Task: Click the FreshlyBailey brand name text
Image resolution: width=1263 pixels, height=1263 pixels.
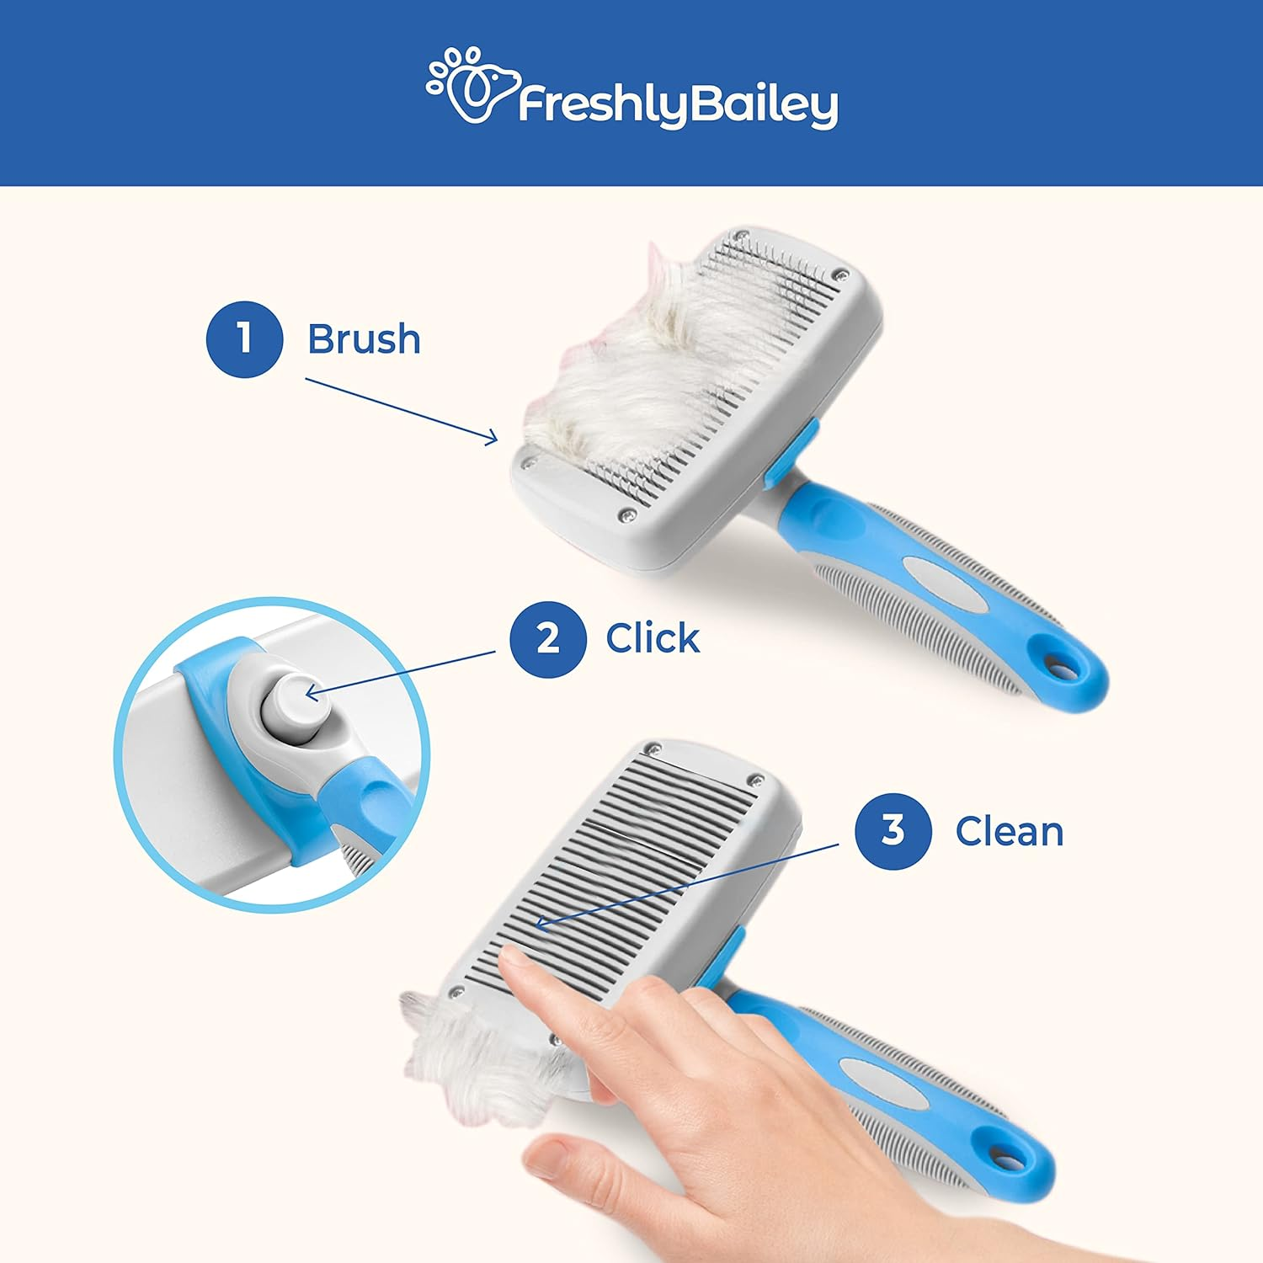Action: (678, 105)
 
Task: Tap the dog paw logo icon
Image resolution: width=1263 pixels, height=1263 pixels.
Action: (469, 85)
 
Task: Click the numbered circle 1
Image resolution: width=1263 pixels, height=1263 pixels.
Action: (244, 339)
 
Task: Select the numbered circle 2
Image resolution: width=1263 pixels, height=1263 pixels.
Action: (547, 638)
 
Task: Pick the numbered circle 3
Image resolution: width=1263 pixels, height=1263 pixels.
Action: (893, 831)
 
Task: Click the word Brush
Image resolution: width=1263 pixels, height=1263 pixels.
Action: (364, 339)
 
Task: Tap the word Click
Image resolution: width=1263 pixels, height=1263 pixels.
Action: (653, 638)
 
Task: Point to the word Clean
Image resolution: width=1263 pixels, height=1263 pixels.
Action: (1009, 832)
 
